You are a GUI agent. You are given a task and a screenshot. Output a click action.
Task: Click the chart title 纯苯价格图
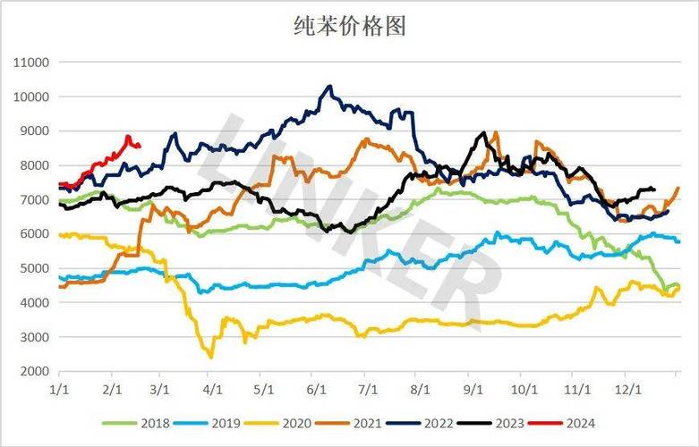(350, 26)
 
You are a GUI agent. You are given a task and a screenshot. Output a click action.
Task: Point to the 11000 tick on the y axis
(31, 63)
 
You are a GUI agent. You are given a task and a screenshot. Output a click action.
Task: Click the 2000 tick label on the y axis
(35, 370)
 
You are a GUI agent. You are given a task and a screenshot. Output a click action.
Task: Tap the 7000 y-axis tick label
(35, 199)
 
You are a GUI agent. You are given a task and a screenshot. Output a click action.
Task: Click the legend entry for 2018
(143, 424)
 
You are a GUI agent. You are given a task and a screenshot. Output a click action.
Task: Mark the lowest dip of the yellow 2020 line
(211, 357)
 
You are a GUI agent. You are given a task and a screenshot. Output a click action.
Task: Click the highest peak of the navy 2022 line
(329, 87)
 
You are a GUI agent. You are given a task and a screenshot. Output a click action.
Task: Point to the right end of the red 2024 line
(139, 147)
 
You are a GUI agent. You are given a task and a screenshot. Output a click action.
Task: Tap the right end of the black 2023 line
(654, 190)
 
